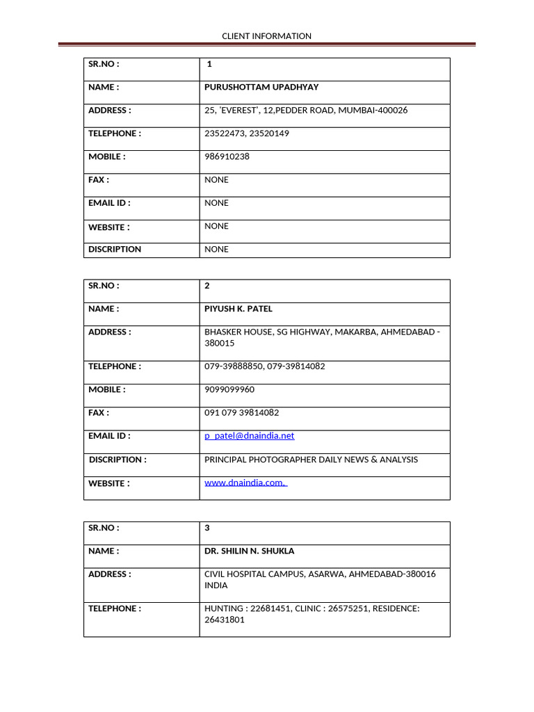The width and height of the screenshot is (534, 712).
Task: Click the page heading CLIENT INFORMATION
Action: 266,36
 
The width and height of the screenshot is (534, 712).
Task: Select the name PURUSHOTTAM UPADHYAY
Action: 261,87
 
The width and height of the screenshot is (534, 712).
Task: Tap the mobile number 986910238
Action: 227,156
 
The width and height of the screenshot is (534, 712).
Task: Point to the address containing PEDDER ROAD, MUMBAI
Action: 306,110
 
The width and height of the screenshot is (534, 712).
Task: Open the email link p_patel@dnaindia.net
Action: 249,436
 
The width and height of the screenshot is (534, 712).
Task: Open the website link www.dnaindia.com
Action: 245,483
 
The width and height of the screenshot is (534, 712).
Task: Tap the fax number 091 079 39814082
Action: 241,412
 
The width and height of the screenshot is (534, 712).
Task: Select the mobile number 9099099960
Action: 229,389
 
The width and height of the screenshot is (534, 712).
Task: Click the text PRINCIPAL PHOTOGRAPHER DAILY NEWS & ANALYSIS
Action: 311,460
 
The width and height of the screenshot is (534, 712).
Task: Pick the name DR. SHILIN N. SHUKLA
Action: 249,551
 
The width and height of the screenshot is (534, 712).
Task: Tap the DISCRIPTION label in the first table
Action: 115,249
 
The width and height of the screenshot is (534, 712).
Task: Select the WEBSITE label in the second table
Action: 108,483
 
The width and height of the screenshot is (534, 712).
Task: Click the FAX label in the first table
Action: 98,179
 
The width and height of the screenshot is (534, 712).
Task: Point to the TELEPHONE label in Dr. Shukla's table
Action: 114,608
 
